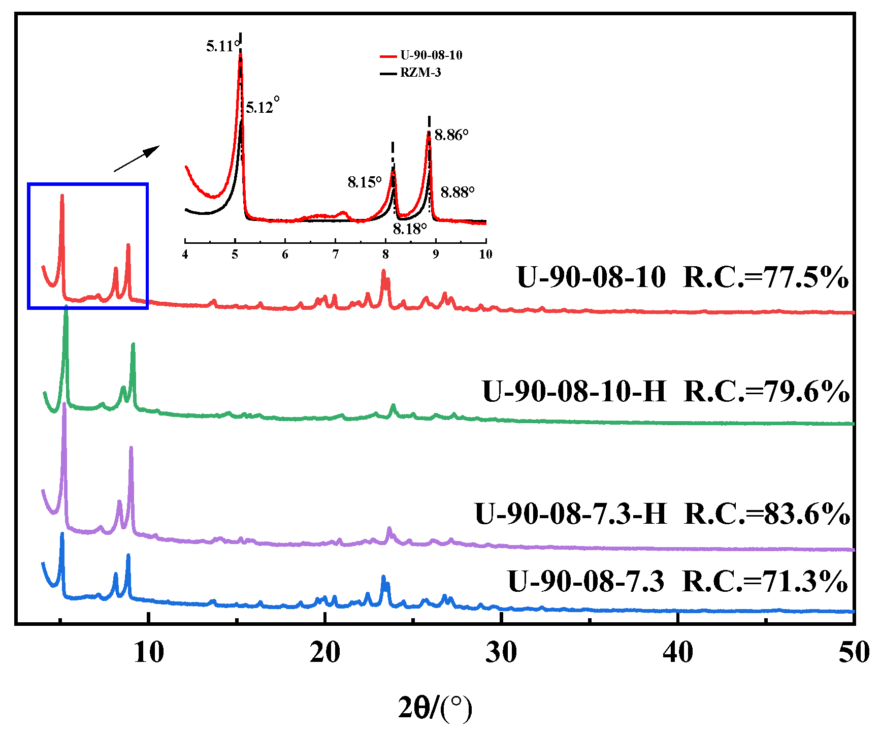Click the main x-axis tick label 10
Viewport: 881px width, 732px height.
149,652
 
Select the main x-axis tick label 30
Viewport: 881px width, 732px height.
501,652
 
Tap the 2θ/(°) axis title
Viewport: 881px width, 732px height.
435,708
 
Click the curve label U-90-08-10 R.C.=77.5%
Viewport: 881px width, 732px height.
682,278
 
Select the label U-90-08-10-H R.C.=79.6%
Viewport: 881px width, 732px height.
666,392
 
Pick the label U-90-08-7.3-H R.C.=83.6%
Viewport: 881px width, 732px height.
662,514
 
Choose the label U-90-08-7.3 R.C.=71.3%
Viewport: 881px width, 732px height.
677,582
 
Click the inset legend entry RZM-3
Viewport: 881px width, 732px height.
420,73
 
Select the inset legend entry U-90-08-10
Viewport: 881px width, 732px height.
431,55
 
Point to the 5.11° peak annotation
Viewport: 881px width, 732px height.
221,47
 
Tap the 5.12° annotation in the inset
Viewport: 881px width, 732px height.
262,107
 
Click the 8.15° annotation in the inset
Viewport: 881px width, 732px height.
364,182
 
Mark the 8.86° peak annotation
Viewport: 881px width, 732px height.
451,135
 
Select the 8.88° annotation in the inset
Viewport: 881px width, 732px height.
457,193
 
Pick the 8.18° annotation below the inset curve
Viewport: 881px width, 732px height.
409,229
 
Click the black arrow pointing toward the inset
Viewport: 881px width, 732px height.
136,158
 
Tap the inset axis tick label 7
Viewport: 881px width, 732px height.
336,254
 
